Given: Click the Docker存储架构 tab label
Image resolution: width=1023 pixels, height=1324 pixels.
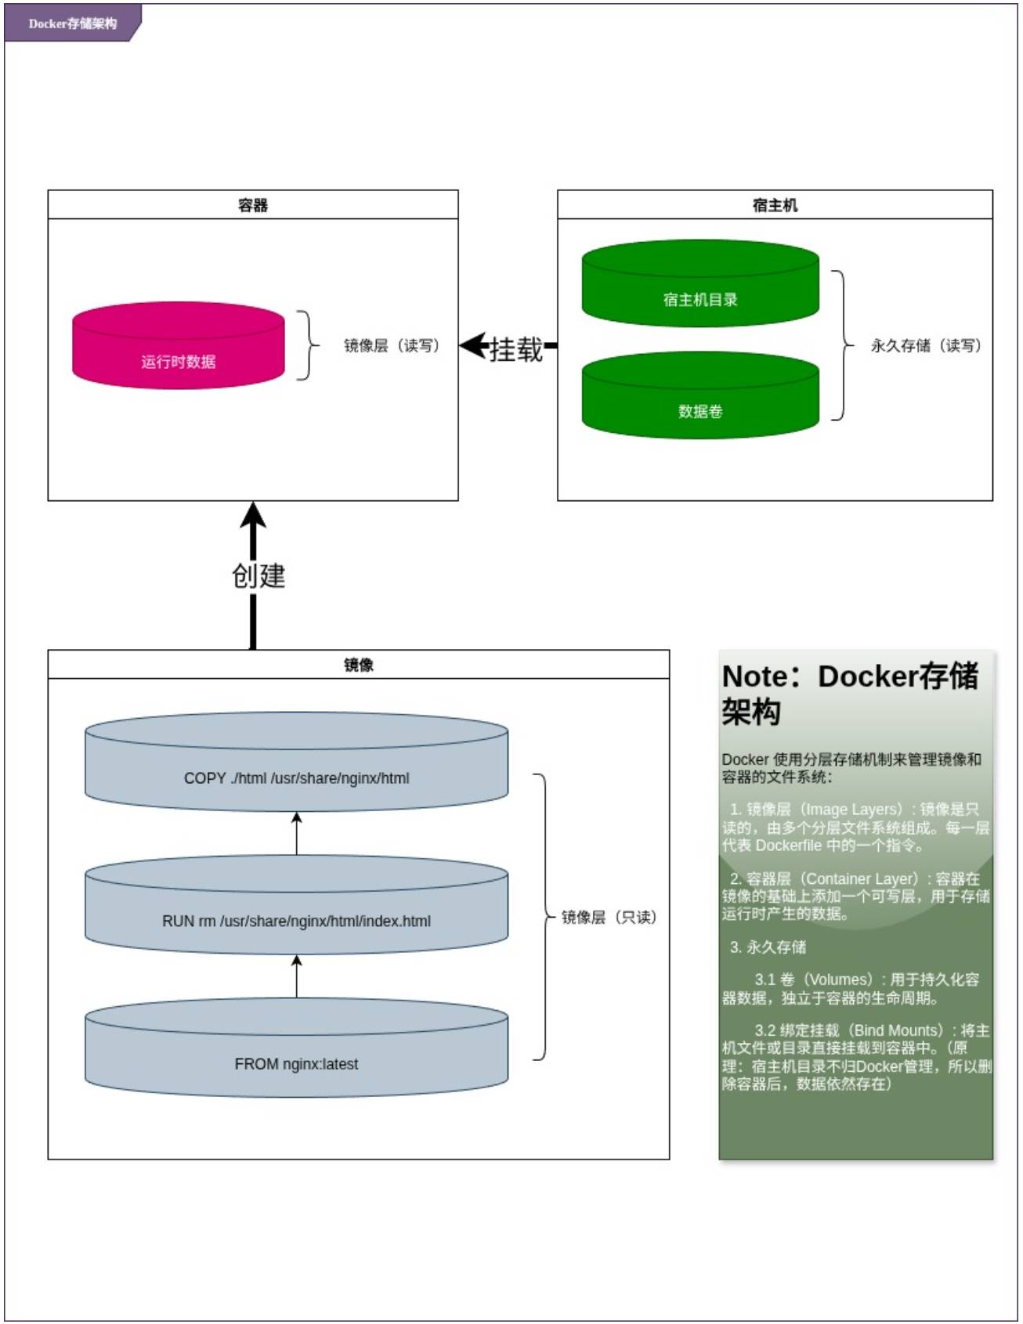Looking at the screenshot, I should [x=72, y=23].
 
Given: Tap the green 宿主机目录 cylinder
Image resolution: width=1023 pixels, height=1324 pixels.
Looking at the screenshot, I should [x=700, y=285].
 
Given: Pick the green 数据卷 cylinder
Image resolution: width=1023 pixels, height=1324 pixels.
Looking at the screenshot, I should [x=700, y=397].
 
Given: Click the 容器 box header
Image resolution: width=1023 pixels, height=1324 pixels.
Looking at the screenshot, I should [x=253, y=205].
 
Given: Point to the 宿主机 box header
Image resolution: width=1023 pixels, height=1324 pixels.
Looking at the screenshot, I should [x=775, y=205].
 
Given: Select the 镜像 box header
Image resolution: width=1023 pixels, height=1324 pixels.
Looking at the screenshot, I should [x=358, y=665].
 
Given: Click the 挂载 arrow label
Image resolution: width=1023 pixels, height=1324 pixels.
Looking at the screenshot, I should [x=515, y=349].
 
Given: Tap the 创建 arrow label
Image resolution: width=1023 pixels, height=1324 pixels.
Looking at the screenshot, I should [x=258, y=576].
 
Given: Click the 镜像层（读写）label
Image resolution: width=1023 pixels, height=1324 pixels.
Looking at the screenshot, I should [x=392, y=345].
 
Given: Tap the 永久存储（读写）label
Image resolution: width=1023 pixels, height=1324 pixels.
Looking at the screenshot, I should [x=926, y=345].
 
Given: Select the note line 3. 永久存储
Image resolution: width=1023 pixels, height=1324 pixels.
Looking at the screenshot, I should [x=768, y=947].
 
